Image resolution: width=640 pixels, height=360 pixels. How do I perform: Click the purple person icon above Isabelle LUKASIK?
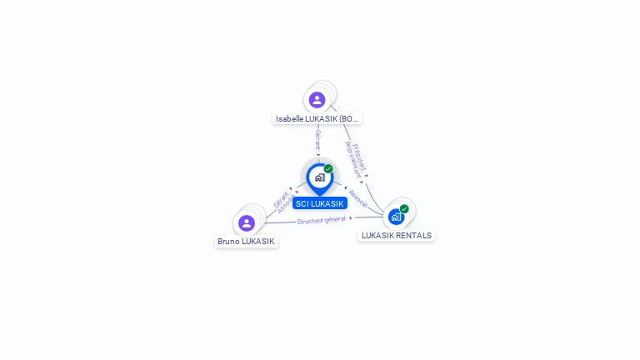click(x=317, y=100)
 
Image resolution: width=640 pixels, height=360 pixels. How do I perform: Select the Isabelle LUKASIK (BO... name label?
click(x=317, y=119)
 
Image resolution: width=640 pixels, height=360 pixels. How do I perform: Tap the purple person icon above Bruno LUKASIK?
click(x=246, y=223)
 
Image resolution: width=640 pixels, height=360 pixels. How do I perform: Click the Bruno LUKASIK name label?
click(x=246, y=242)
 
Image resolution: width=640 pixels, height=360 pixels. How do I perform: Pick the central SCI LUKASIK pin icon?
click(x=319, y=177)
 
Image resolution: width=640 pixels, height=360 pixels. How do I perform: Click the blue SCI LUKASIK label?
click(x=320, y=203)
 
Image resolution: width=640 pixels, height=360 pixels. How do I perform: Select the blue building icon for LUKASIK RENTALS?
click(x=396, y=217)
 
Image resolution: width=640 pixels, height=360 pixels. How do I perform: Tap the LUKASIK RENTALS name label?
click(x=397, y=236)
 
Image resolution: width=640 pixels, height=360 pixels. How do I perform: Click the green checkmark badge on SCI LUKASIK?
click(x=328, y=168)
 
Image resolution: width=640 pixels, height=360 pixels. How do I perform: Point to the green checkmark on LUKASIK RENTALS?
click(x=404, y=208)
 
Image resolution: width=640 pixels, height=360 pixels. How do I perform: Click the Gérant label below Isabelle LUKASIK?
click(x=317, y=140)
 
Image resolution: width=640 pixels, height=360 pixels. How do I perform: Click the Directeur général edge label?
click(x=321, y=220)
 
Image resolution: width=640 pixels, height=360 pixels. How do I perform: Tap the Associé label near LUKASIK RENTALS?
click(x=357, y=198)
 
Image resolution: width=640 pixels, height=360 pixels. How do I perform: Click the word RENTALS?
click(x=413, y=236)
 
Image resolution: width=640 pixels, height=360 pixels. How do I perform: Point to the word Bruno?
click(x=229, y=242)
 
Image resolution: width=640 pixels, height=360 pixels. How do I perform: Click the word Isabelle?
click(x=290, y=119)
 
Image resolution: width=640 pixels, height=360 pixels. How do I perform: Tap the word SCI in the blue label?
click(x=302, y=203)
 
